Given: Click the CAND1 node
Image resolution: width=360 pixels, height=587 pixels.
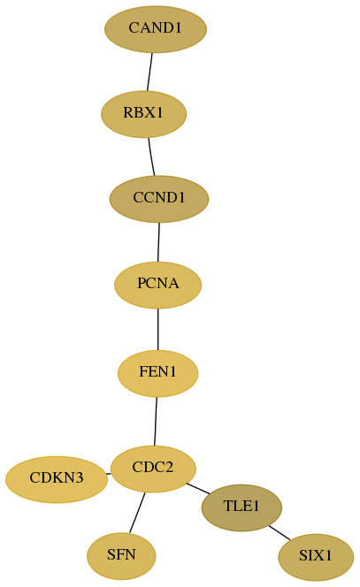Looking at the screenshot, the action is tap(156, 29).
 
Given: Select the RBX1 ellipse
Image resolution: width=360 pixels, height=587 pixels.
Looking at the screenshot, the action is tap(143, 114).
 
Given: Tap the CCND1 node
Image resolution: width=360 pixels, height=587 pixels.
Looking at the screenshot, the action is tap(159, 199).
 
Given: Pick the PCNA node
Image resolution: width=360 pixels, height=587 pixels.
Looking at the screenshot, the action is tap(157, 285).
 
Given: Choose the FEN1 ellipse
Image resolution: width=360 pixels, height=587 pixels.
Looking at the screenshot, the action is tap(157, 373).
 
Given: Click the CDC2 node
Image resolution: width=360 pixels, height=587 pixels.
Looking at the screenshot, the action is tap(153, 469).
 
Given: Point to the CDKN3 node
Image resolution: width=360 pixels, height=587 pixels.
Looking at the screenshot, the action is tap(57, 479).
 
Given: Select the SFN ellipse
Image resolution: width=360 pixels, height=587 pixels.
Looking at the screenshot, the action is tap(121, 556).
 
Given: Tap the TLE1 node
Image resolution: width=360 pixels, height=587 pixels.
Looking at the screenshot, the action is tap(241, 507).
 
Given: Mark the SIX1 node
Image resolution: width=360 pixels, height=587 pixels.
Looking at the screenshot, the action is tap(316, 557).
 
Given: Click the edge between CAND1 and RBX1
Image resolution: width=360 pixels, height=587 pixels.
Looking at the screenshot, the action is tap(149, 72).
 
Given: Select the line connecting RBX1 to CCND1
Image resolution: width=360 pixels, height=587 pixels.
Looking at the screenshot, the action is tap(151, 156).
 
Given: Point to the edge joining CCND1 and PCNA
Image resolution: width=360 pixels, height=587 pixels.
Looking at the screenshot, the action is tap(158, 242).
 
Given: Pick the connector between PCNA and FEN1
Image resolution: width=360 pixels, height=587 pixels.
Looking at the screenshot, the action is tap(157, 330).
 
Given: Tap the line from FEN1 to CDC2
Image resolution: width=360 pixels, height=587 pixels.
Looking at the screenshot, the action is tap(156, 421).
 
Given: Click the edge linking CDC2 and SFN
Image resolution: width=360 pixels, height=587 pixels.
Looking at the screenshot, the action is tap(137, 513).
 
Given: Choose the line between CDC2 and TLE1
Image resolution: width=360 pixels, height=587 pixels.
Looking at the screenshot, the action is tap(198, 489).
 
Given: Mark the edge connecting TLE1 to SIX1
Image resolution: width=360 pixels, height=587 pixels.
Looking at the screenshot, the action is tap(280, 533).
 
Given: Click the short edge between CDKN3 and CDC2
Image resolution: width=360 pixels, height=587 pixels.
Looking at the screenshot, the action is tap(109, 474).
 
